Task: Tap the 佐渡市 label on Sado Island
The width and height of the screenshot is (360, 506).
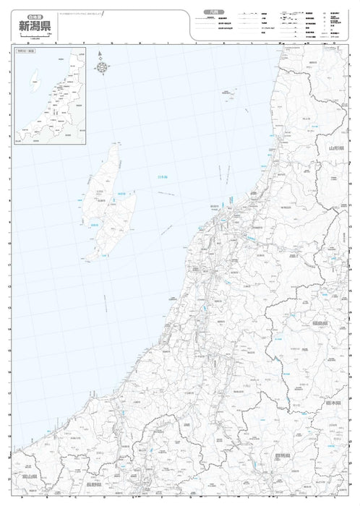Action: point(102,200)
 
